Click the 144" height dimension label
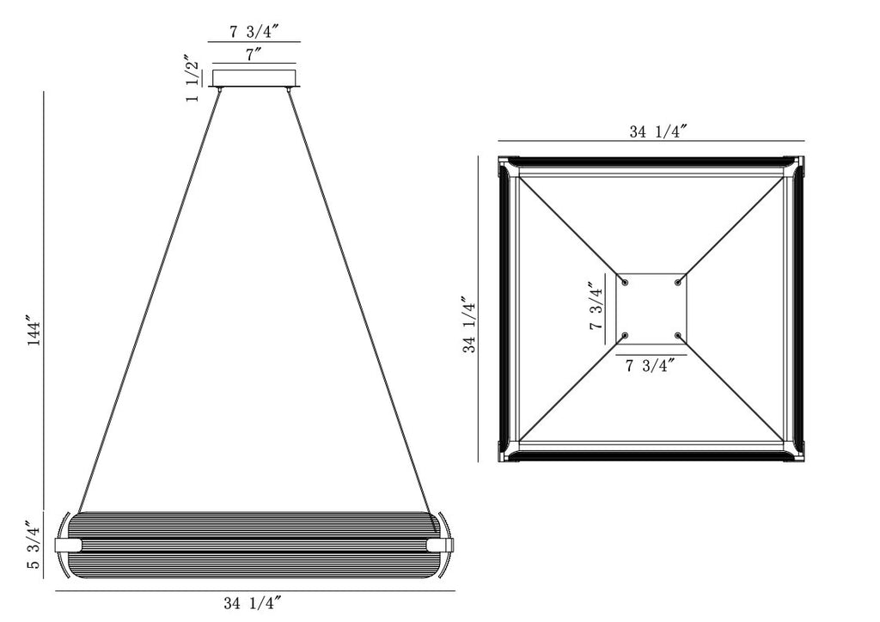point(34,333)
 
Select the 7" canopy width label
point(254,54)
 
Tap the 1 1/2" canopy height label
point(192,78)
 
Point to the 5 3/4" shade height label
point(34,546)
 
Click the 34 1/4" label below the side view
point(252,603)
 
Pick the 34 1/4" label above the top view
point(658,131)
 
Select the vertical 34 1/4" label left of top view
point(470,325)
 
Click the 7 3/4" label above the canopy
point(254,32)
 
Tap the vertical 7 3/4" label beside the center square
point(596,306)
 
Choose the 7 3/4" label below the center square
point(650,366)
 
